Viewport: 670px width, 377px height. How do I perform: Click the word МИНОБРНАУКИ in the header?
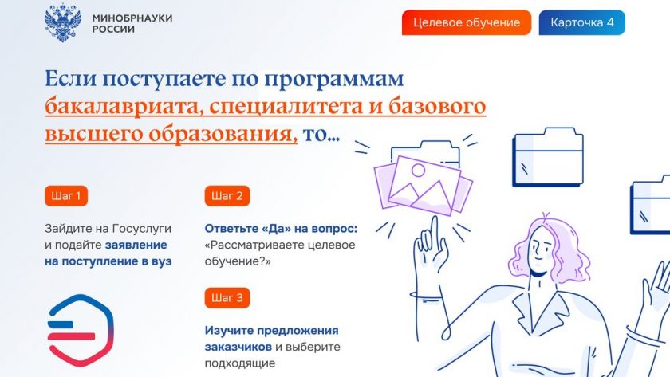(132, 18)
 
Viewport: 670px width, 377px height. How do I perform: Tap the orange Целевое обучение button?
(466, 22)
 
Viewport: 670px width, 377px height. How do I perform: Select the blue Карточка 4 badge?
(581, 22)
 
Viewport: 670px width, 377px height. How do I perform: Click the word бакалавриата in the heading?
(121, 106)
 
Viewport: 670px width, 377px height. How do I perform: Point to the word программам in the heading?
(333, 80)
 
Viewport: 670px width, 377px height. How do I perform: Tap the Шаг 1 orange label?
(65, 196)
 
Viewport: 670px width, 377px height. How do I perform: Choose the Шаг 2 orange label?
(227, 196)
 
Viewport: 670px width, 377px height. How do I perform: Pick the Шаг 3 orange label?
(227, 297)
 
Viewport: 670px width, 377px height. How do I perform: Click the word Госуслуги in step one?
(141, 229)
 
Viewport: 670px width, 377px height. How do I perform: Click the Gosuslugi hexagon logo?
(81, 330)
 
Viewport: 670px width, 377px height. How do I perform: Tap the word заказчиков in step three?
(238, 347)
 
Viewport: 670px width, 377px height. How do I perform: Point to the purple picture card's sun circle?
(418, 171)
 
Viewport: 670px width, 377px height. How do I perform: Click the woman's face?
(542, 249)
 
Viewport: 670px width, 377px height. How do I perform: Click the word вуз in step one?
(161, 261)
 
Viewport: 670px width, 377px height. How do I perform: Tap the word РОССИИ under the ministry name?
(113, 29)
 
